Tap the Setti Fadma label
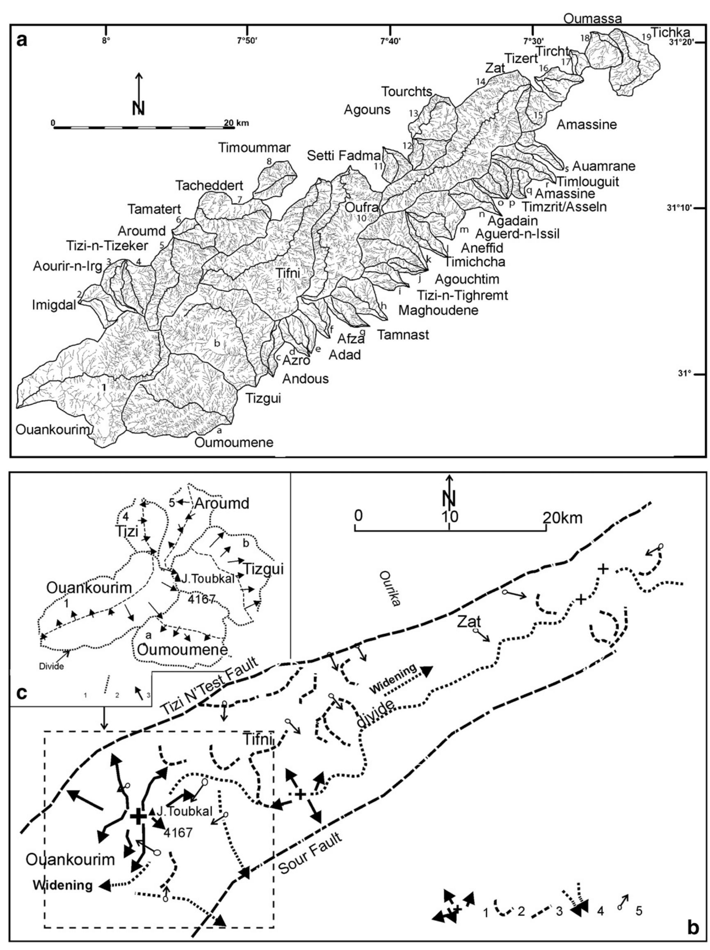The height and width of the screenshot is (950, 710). click(343, 156)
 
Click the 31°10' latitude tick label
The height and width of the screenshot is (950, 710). click(680, 208)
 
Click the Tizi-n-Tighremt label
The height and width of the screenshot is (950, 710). click(462, 295)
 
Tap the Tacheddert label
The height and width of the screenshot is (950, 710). click(209, 185)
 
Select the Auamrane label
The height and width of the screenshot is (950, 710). click(603, 166)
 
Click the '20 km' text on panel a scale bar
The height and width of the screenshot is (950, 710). click(236, 123)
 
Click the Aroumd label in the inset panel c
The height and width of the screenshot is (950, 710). click(221, 503)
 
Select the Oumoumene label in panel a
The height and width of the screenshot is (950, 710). click(234, 442)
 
